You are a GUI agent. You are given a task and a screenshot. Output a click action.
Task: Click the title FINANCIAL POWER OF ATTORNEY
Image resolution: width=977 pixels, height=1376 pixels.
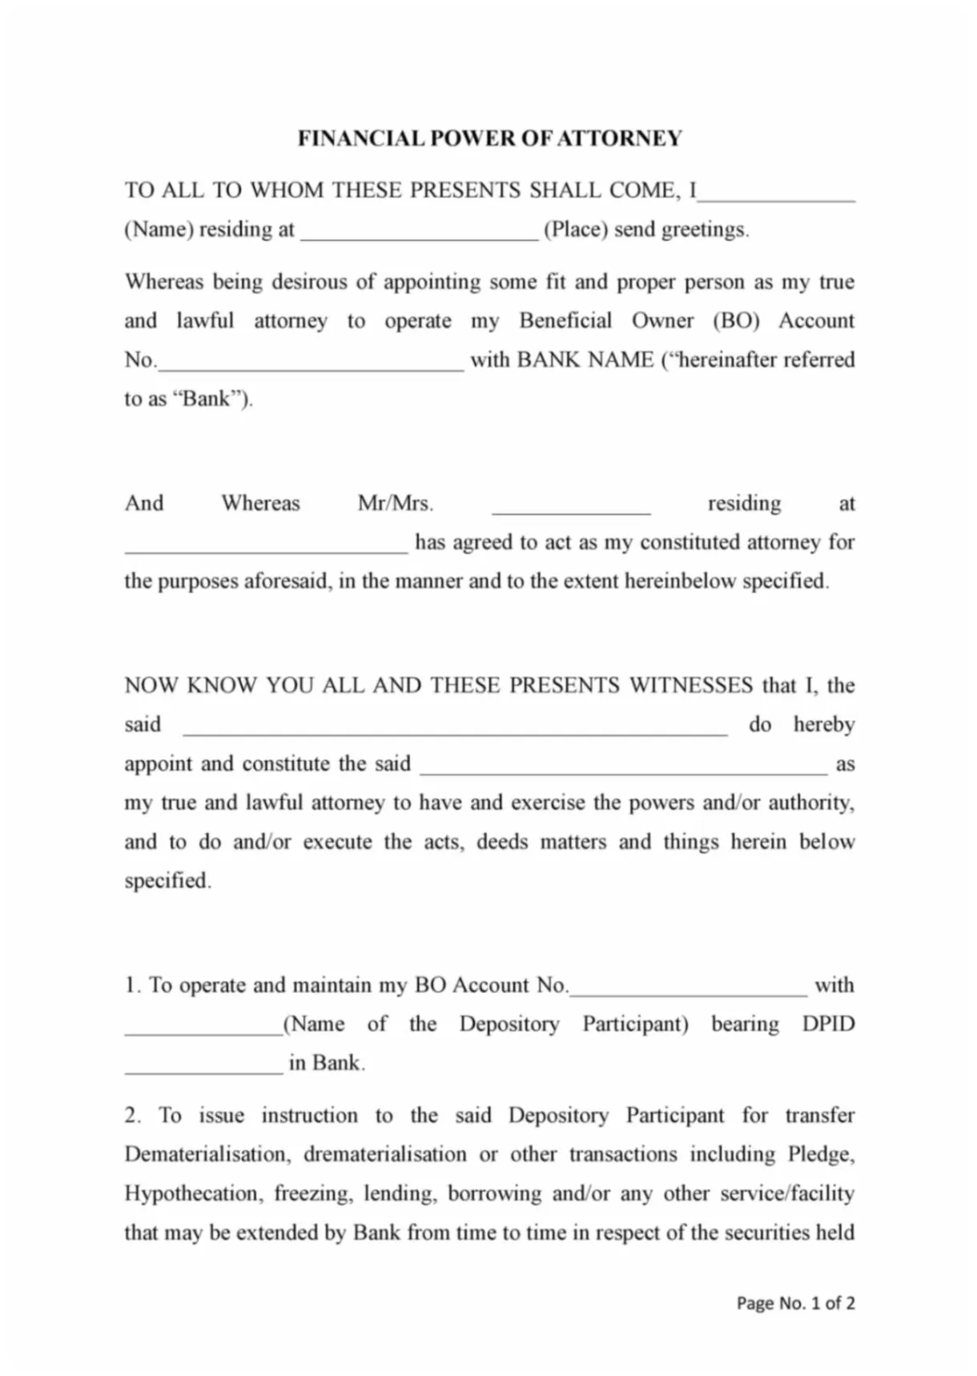click(x=489, y=139)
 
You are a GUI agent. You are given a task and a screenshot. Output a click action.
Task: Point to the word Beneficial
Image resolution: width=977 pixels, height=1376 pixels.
click(x=565, y=320)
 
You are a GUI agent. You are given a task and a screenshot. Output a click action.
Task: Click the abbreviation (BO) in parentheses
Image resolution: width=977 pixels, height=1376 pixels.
click(x=736, y=320)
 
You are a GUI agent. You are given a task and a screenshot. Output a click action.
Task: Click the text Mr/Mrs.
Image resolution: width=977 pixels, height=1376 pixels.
click(x=395, y=504)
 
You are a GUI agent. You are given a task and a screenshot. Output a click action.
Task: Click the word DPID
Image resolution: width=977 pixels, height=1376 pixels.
click(x=828, y=1024)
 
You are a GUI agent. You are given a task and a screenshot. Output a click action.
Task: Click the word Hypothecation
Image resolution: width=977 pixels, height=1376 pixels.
click(x=192, y=1193)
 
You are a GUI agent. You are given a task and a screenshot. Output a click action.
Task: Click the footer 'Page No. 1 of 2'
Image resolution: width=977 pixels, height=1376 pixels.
click(x=795, y=1303)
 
